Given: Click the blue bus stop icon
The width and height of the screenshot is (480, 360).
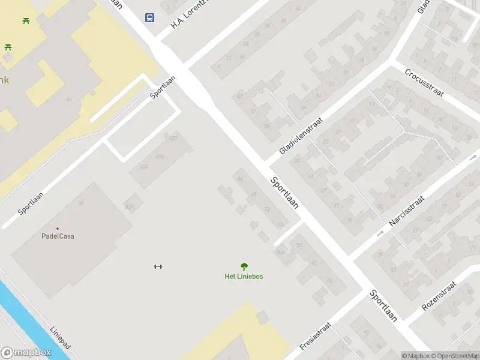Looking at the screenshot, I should tap(149, 17).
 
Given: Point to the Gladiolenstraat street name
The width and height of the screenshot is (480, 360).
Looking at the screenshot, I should tap(301, 135).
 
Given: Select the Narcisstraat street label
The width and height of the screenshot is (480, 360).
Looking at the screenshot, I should tap(406, 211).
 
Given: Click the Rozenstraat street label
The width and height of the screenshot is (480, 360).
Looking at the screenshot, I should tap(439, 295).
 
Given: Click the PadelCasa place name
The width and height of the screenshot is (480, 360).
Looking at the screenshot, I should tap(58, 236).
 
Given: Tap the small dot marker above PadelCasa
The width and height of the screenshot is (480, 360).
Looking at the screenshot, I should tap(58, 228).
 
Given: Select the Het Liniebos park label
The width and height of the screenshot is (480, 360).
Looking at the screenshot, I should tap(244, 277).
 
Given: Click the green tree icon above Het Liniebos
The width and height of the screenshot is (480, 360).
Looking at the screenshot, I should tap(244, 266).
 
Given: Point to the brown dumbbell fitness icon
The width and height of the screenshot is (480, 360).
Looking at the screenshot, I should tap(158, 266).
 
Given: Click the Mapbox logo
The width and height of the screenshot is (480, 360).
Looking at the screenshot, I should tap(26, 353).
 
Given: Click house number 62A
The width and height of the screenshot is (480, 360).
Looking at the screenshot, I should tap(143, 167).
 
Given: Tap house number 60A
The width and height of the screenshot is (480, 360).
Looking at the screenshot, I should tap(129, 206).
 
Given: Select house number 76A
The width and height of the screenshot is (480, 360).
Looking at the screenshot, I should tap(279, 253).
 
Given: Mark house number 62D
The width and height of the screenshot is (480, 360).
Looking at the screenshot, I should tap(173, 139).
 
